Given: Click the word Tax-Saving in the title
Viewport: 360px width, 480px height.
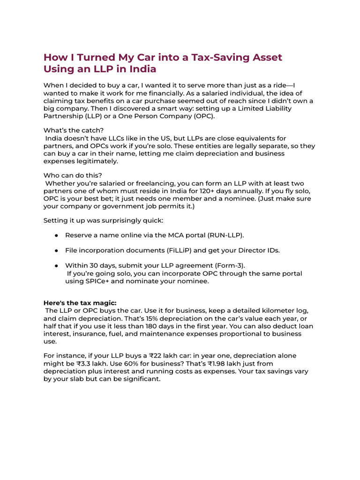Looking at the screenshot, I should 212,57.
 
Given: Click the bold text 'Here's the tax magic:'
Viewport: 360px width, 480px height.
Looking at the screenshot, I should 80,303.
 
